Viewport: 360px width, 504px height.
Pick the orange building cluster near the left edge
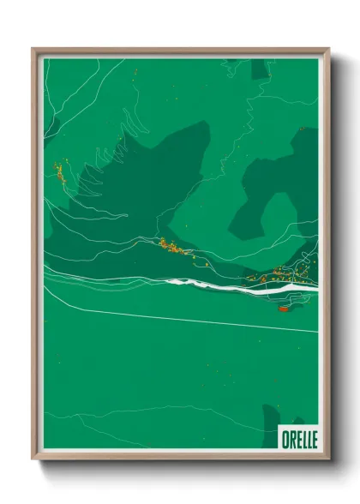pos(60,173)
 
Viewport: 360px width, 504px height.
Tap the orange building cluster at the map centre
pos(173,249)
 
